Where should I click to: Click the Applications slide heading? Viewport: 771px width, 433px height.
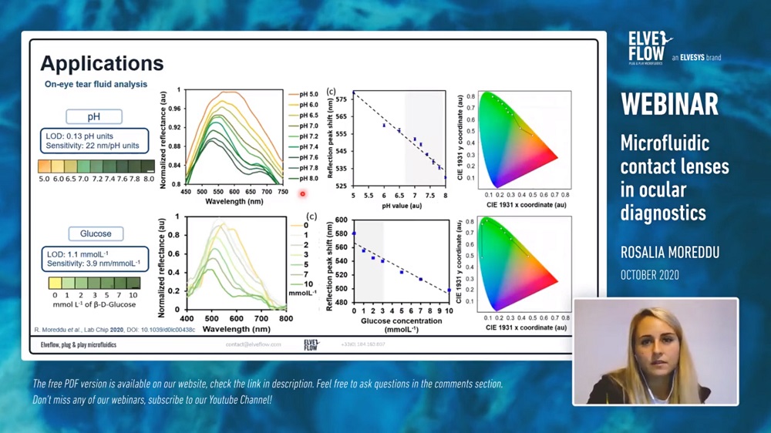[102, 63]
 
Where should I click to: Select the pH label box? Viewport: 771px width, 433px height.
[95, 117]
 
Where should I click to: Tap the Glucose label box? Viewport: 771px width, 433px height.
[96, 233]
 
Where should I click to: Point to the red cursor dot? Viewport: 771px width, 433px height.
[303, 194]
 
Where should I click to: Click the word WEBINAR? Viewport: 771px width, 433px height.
[669, 104]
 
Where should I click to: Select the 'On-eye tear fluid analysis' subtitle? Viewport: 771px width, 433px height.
[96, 85]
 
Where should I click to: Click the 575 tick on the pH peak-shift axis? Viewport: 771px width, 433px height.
[340, 100]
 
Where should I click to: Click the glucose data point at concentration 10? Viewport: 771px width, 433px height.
[449, 290]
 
